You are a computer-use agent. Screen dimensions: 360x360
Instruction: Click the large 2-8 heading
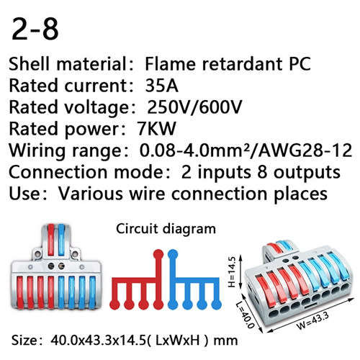tap(35, 30)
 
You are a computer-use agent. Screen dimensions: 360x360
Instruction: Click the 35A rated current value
tap(161, 86)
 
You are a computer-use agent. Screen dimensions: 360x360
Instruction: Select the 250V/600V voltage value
tap(194, 107)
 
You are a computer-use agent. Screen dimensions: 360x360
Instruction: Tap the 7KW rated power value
tap(156, 128)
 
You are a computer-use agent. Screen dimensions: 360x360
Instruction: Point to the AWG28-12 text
tap(305, 150)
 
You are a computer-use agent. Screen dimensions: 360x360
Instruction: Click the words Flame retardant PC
tap(228, 64)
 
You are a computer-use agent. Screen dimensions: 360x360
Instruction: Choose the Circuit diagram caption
tap(166, 229)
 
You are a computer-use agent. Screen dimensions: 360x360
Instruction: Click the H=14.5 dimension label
tap(232, 271)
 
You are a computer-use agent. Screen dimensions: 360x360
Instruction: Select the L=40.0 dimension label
tap(245, 315)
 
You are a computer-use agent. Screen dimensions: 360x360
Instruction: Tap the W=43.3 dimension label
tap(312, 321)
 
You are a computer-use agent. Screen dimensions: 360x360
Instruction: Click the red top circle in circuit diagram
tap(158, 254)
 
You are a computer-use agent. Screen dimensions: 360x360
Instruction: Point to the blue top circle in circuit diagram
tap(173, 254)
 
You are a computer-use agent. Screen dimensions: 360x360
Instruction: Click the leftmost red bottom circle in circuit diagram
tap(114, 305)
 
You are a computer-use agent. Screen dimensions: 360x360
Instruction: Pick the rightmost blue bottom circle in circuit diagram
tap(217, 305)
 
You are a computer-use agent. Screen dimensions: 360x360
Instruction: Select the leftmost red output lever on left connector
tap(20, 292)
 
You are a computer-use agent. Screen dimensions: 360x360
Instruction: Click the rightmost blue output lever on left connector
tap(92, 292)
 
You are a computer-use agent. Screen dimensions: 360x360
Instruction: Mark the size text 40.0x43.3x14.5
tap(99, 341)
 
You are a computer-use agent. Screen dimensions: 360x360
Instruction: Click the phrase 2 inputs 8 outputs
tap(261, 172)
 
